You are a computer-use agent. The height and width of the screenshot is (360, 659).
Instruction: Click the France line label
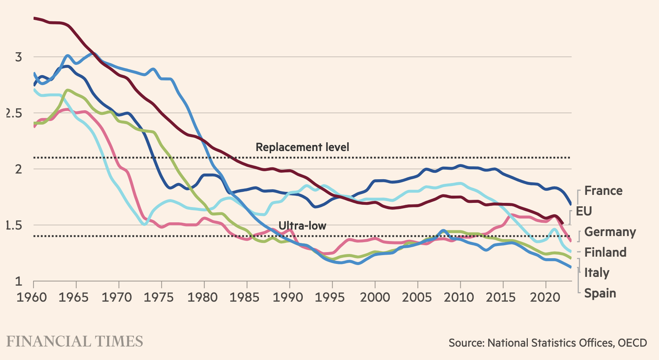pyautogui.click(x=603, y=191)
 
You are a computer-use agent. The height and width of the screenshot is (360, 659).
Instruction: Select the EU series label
pyautogui.click(x=583, y=211)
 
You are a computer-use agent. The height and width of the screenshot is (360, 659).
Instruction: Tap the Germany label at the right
pyautogui.click(x=610, y=232)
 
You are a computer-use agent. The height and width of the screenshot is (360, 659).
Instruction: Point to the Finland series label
pyautogui.click(x=605, y=252)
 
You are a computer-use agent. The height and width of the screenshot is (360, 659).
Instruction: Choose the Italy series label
pyautogui.click(x=596, y=273)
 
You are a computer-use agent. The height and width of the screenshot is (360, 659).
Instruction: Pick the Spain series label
pyautogui.click(x=600, y=293)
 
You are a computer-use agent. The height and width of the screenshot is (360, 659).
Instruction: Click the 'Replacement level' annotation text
pyautogui.click(x=302, y=147)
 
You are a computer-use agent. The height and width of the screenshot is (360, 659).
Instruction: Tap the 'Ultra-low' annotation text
pyautogui.click(x=302, y=226)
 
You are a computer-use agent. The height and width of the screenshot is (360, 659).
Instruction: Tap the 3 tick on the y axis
pyautogui.click(x=18, y=57)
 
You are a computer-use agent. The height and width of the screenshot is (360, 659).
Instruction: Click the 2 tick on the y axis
pyautogui.click(x=18, y=169)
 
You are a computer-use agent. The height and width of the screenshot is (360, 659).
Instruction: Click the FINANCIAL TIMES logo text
pyautogui.click(x=75, y=341)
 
